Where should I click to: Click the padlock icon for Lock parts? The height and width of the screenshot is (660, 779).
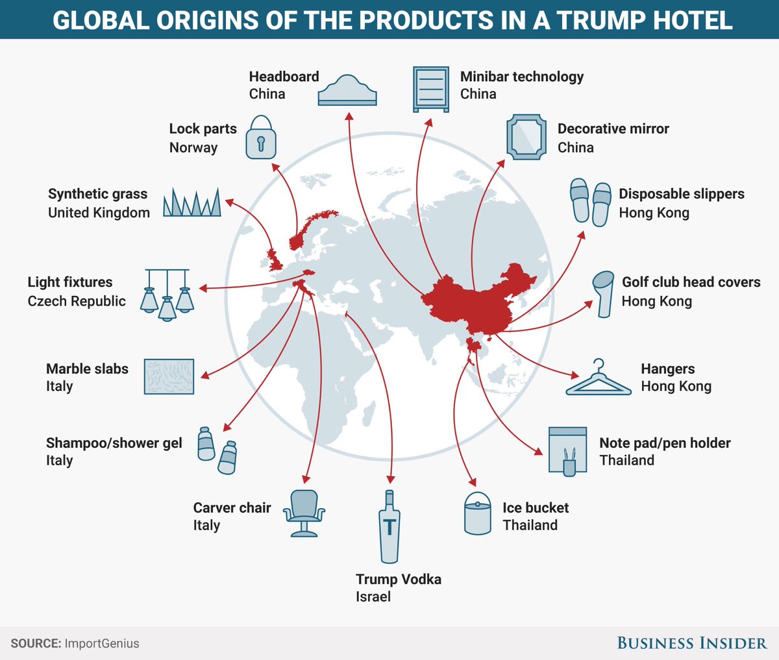tap(261, 138)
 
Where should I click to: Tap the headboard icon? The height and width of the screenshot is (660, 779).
tap(347, 91)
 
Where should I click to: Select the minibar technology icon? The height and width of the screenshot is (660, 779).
tap(430, 89)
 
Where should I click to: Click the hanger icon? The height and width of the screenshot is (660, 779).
tap(598, 379)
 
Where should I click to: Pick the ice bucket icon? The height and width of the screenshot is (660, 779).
tap(478, 513)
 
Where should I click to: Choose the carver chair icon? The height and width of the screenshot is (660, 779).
tap(304, 513)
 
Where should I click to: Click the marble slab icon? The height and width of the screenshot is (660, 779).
tap(169, 376)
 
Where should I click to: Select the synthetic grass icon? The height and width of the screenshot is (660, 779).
tap(192, 202)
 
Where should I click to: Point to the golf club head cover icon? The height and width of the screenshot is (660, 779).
tap(604, 293)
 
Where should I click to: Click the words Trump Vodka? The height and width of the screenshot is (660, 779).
tap(398, 579)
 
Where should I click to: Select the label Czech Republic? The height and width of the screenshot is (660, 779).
tap(77, 301)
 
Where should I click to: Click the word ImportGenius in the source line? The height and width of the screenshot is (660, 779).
tap(102, 644)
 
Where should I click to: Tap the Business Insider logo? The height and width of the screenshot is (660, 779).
tap(691, 643)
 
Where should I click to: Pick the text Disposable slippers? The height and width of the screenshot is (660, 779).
tap(681, 194)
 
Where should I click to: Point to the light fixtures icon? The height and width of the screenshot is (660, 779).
tap(167, 294)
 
